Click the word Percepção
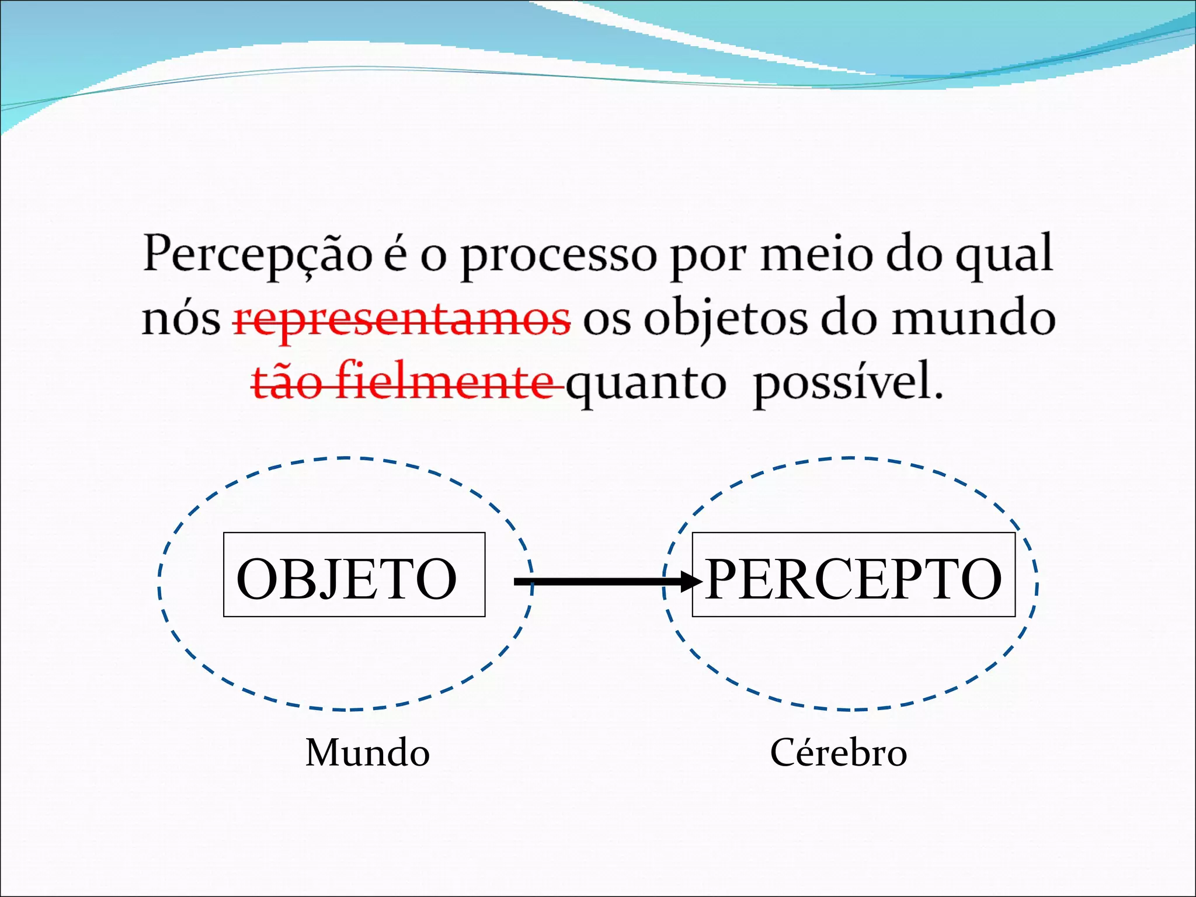pyautogui.click(x=258, y=255)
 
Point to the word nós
pyautogui.click(x=181, y=320)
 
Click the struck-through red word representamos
pyautogui.click(x=402, y=320)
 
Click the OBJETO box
pyautogui.click(x=354, y=575)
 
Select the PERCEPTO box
pyautogui.click(x=853, y=575)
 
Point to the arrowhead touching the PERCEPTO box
pyautogui.click(x=692, y=582)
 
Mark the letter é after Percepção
pyautogui.click(x=395, y=255)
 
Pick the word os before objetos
pyautogui.click(x=607, y=320)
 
